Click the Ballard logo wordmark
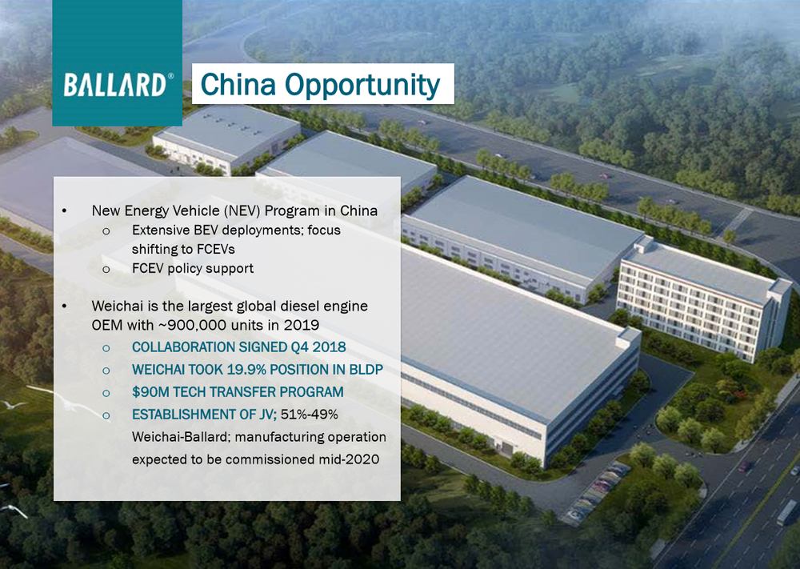115,85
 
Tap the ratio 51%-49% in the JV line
309,415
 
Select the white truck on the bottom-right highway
786,512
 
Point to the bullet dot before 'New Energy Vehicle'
64,210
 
